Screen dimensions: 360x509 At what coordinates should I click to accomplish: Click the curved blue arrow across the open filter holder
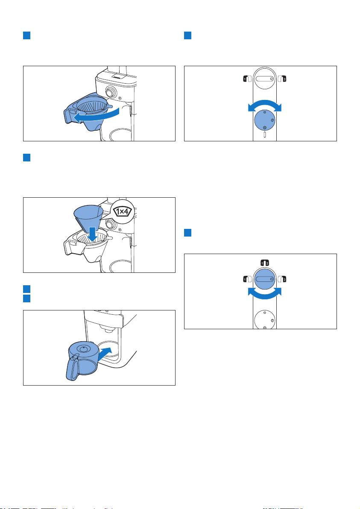pos(96,116)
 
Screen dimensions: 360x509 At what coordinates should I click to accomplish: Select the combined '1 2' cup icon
pos(265,263)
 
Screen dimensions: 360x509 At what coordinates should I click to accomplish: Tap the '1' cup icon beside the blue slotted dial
pos(247,279)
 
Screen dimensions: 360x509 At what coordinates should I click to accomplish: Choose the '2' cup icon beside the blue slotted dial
pos(282,279)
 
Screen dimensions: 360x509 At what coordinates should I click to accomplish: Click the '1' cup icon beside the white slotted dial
pos(247,79)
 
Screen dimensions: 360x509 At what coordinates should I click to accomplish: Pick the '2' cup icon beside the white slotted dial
pos(282,79)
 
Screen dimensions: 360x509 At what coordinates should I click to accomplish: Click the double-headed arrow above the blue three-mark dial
pos(265,103)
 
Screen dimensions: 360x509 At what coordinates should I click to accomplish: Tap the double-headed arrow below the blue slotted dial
pos(265,295)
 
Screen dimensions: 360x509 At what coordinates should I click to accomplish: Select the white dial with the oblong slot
pos(265,78)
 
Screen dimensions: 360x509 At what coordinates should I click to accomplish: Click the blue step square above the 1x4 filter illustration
pos(26,158)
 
